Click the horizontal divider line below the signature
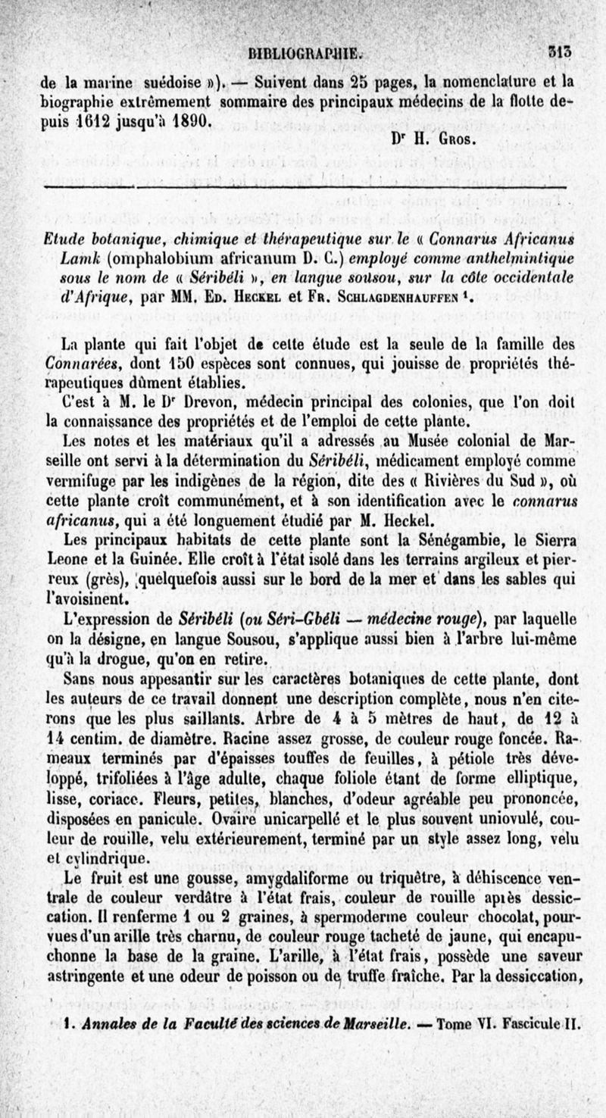[x=303, y=185]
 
